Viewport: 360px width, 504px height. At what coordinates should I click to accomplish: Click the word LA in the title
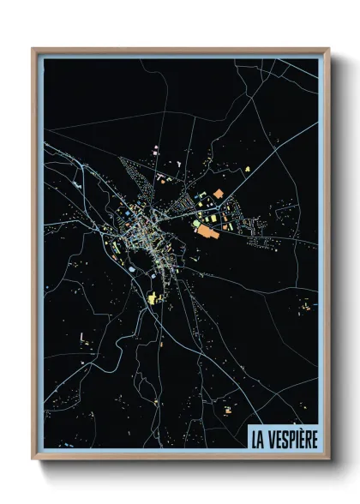257,438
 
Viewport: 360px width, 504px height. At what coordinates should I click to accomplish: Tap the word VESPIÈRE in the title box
291,438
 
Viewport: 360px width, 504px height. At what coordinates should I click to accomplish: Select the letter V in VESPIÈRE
271,438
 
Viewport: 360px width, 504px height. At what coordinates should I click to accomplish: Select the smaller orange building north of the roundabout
218,194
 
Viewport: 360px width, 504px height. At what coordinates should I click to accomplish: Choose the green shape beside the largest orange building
196,224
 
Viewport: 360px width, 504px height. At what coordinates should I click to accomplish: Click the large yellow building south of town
155,297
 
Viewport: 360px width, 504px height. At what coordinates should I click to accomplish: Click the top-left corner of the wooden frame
33,48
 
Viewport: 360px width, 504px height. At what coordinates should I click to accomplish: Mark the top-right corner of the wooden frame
329,48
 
